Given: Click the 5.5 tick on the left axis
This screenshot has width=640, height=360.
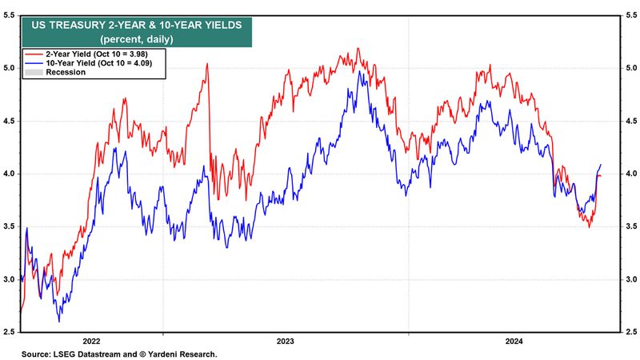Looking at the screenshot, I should [x=9, y=15].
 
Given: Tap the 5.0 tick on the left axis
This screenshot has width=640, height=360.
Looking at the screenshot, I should [x=9, y=68].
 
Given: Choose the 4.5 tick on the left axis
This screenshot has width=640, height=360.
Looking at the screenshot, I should [x=9, y=121].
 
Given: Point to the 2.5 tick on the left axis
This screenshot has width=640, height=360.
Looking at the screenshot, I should [x=9, y=331].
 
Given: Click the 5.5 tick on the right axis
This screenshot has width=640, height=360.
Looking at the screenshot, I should [x=631, y=15].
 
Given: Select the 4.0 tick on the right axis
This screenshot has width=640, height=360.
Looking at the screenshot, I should [x=631, y=174].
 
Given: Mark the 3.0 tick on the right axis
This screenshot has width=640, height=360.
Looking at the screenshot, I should [x=631, y=279].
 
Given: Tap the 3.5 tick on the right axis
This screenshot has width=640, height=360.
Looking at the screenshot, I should [x=631, y=226].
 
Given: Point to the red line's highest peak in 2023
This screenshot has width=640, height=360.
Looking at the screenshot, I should [x=358, y=49].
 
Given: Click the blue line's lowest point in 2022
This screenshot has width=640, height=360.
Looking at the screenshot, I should [x=58, y=322].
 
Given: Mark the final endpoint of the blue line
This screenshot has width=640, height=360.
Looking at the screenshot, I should [x=601, y=165].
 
